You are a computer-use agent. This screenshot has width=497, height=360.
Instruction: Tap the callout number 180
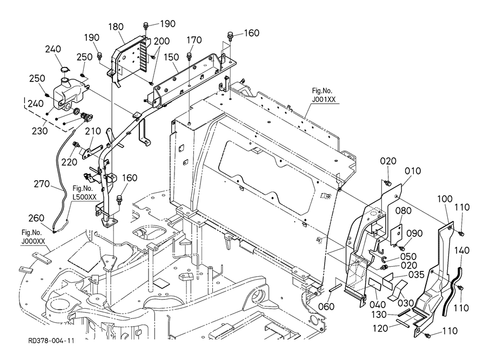pyautogui.click(x=116, y=26)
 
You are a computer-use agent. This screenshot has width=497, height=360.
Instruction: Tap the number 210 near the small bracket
pyautogui.click(x=92, y=131)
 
